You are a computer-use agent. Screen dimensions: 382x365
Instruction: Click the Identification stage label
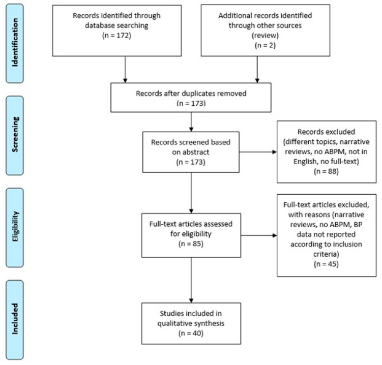tap(15, 42)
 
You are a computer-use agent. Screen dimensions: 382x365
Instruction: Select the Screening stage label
tap(15, 134)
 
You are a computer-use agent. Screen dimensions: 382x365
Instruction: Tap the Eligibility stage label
tap(15, 226)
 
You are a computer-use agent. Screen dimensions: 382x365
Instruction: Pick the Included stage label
tap(15, 319)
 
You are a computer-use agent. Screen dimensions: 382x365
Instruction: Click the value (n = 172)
tap(116, 36)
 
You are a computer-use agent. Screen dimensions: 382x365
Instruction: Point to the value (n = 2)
tap(265, 46)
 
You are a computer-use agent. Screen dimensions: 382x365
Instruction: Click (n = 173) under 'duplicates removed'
tap(191, 103)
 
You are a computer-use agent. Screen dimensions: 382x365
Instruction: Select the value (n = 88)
tap(326, 171)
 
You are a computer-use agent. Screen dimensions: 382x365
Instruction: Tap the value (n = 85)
tap(191, 244)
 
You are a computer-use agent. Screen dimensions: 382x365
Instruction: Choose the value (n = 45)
tap(326, 264)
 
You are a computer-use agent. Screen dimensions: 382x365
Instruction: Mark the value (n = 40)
tap(191, 333)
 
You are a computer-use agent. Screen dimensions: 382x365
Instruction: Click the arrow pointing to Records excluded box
tap(258, 152)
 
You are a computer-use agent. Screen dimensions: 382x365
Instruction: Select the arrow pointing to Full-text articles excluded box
tap(259, 235)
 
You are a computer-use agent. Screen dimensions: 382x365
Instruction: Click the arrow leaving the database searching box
tap(125, 70)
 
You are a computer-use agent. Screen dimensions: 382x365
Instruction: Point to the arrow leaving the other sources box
tap(257, 70)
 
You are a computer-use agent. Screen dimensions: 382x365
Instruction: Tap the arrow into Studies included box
tap(191, 280)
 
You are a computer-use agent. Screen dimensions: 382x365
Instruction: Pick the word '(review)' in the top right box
tap(265, 36)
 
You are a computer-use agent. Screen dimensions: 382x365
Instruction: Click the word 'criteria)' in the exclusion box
tap(326, 254)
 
